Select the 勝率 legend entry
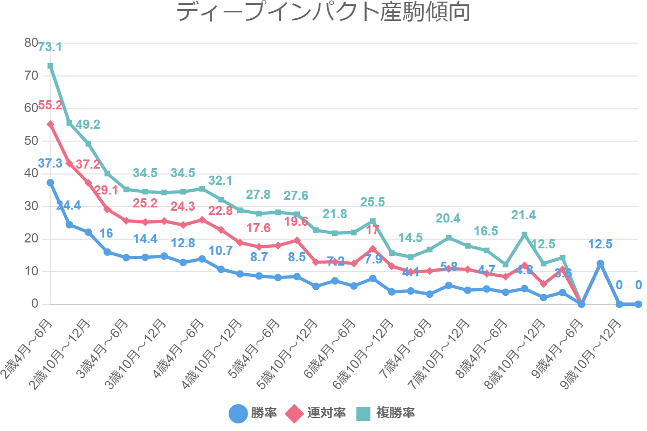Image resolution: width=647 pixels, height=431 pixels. (x=253, y=413)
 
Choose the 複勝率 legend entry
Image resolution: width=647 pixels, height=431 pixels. (x=385, y=413)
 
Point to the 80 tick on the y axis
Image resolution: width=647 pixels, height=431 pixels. (x=31, y=43)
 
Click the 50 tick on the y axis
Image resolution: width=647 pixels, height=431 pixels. (x=31, y=141)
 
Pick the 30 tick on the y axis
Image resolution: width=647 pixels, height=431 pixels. (x=31, y=206)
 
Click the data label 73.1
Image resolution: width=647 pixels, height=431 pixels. (x=50, y=47)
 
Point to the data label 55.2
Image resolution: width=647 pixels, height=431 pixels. (x=50, y=106)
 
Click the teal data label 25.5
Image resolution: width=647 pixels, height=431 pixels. (x=373, y=202)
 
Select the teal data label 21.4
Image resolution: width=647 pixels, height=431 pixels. (x=524, y=215)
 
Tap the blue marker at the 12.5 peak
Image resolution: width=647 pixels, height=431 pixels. (x=600, y=263)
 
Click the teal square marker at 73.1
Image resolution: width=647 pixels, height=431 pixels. (x=50, y=66)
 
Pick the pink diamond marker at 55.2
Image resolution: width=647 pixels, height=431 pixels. (x=50, y=124)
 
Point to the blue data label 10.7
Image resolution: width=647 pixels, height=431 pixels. (x=221, y=251)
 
